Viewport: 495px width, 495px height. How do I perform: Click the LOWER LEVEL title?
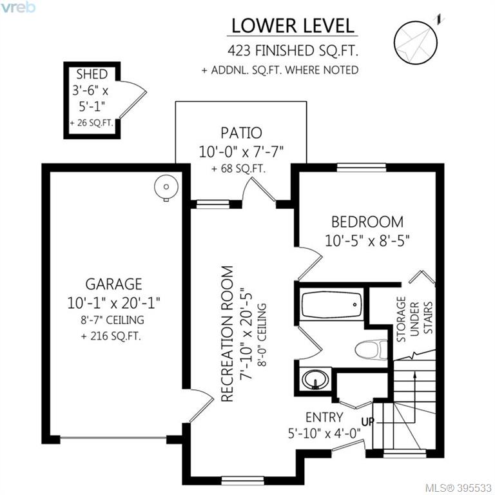[x=293, y=26]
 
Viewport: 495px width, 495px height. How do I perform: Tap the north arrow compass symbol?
[x=416, y=43]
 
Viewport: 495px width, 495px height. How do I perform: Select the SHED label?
[x=92, y=74]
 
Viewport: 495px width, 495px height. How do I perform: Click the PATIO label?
[x=241, y=133]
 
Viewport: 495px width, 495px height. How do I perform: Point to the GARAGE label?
[x=113, y=284]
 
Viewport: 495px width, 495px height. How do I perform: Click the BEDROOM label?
[x=367, y=222]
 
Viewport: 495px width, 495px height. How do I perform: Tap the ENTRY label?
[x=324, y=418]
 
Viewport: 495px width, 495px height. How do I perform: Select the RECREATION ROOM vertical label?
[x=228, y=334]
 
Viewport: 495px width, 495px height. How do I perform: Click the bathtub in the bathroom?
[x=331, y=305]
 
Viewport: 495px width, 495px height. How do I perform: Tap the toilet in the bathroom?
[x=371, y=349]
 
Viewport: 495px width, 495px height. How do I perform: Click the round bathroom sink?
[x=315, y=379]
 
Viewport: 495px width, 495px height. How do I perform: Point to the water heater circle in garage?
[x=166, y=188]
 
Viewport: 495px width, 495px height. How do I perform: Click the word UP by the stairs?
[x=368, y=422]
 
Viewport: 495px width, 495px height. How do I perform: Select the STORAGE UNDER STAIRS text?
[x=414, y=319]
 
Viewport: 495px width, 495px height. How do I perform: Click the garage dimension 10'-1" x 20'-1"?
[x=113, y=304]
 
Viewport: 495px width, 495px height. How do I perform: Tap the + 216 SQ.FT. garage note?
[x=111, y=336]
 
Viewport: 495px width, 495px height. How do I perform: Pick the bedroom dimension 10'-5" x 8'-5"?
[x=367, y=242]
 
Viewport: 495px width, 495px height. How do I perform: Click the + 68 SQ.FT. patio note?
[x=238, y=169]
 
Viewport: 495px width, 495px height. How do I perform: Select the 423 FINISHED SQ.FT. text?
[x=293, y=51]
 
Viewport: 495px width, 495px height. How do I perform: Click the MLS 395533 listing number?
[x=458, y=488]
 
